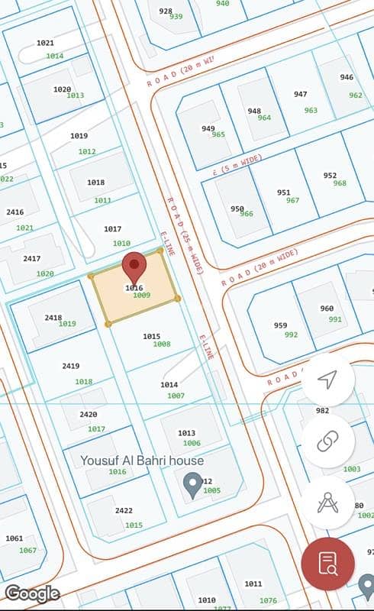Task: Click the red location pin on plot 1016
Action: click(x=134, y=267)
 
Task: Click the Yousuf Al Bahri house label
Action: click(x=143, y=461)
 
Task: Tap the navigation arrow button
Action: click(x=328, y=380)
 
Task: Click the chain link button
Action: click(x=328, y=441)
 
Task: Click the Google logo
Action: click(x=32, y=593)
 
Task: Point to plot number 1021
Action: click(x=45, y=44)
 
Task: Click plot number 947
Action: click(x=300, y=95)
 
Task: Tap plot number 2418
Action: click(x=53, y=318)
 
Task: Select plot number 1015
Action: click(x=151, y=336)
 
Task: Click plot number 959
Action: click(x=281, y=325)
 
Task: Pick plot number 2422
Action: click(x=124, y=510)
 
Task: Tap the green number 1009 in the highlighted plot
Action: click(x=141, y=295)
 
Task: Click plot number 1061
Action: click(x=15, y=538)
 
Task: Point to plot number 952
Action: click(x=330, y=176)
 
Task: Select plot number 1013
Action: click(x=186, y=433)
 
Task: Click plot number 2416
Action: click(x=15, y=212)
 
